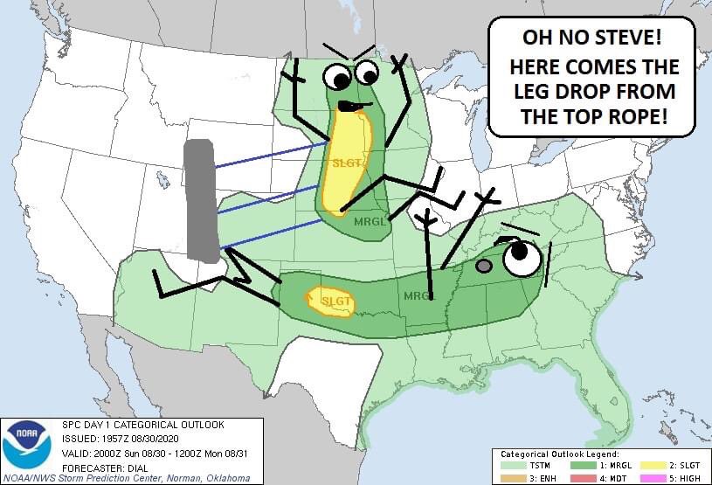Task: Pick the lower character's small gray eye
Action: click(484, 265)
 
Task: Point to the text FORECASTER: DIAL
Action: click(105, 467)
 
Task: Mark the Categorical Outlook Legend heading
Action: click(559, 454)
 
